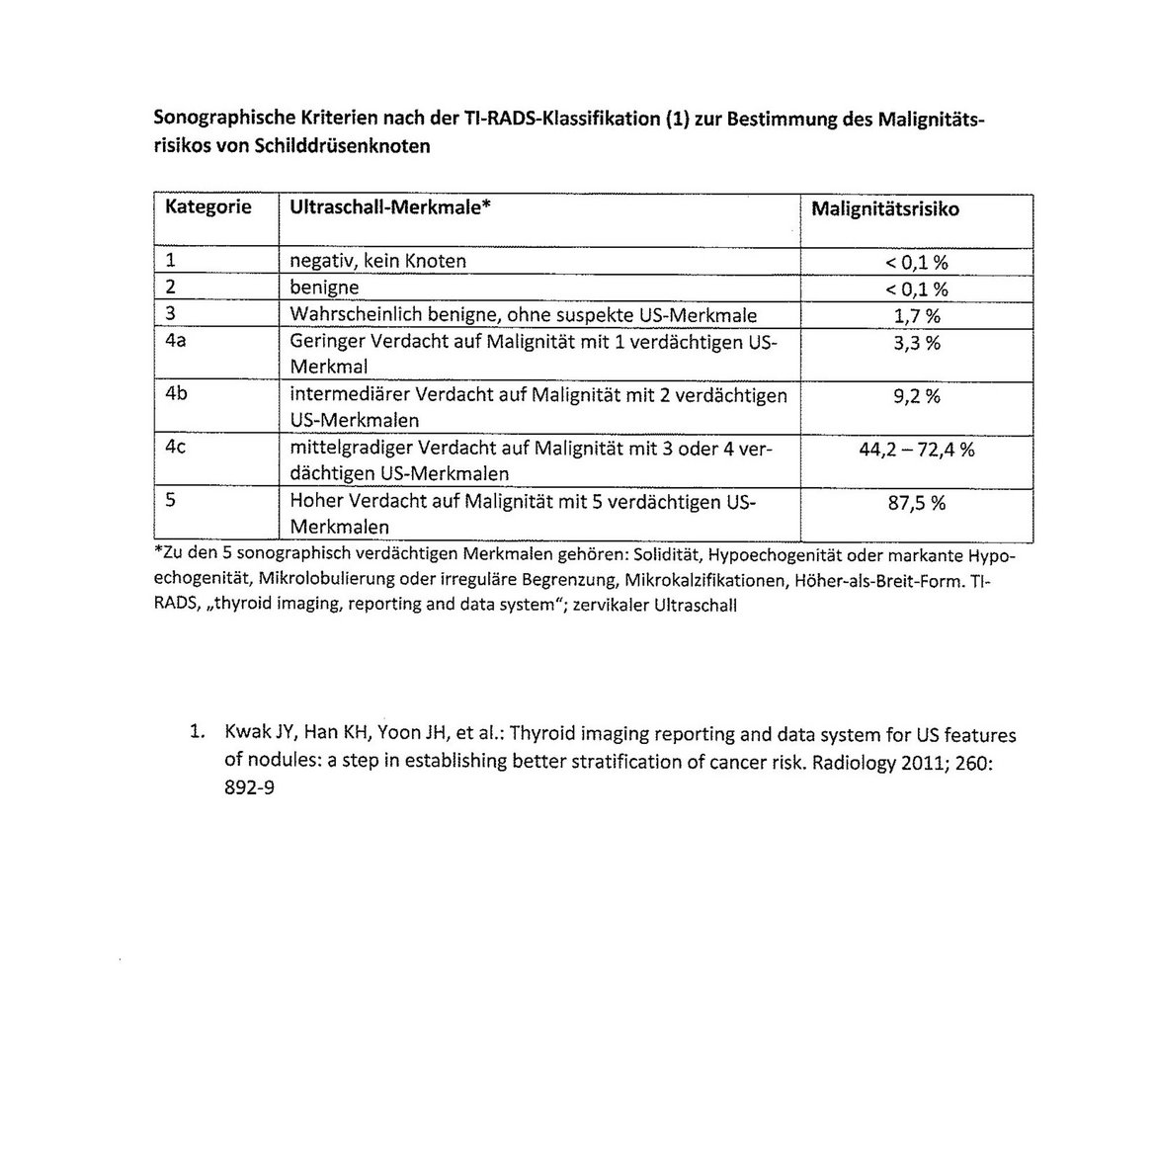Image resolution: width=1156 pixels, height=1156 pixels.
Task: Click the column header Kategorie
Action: coord(207,207)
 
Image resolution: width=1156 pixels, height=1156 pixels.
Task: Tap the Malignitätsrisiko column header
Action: coord(884,209)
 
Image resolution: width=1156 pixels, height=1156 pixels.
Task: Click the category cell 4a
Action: coord(177,342)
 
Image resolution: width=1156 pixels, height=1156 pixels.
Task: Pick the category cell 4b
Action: coord(177,394)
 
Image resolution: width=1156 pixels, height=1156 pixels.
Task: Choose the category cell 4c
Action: coord(176,447)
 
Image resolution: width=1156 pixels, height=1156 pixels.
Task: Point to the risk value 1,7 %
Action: coord(916,316)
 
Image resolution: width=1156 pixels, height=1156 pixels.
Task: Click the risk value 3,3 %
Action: coord(916,343)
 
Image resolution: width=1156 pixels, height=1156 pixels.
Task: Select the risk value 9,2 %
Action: coord(916,396)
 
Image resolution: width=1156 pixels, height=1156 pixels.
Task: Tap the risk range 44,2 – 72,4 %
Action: coord(916,450)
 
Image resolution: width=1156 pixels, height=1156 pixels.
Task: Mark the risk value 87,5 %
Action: coord(916,503)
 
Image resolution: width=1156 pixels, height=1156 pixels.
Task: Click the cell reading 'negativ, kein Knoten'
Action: coord(377,262)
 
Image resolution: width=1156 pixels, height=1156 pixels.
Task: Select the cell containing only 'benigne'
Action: coord(324,289)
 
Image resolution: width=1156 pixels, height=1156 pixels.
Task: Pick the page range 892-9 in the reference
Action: coord(247,790)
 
